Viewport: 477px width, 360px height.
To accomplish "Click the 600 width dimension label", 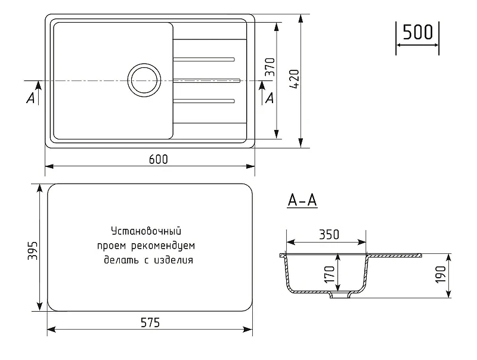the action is point(158,159).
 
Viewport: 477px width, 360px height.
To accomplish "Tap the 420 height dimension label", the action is point(294,79).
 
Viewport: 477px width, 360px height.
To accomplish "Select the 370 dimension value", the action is point(270,67).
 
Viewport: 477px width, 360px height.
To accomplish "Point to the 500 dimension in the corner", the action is point(417,32).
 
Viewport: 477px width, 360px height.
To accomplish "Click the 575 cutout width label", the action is point(150,322).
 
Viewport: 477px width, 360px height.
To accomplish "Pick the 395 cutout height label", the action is point(33,250).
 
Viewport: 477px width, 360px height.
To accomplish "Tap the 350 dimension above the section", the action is point(329,234).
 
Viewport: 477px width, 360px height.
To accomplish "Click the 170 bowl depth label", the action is point(330,275).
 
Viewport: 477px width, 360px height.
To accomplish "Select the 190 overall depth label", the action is point(440,275).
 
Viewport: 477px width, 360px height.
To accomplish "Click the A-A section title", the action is point(302,201).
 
